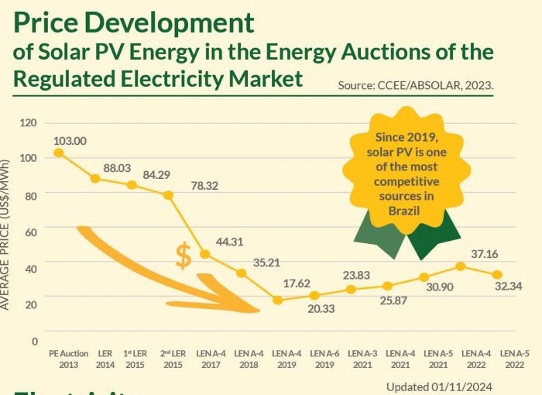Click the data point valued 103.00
tap(58, 153)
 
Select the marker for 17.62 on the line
tap(278, 300)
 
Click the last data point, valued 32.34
tap(497, 275)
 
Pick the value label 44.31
tap(230, 242)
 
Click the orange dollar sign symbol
tap(183, 255)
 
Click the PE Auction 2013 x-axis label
tap(68, 358)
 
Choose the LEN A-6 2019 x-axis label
tap(324, 358)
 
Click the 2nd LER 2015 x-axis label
tap(173, 358)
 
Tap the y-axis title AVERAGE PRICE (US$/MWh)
tap(6, 232)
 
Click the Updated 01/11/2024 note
tap(437, 386)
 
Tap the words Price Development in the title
tap(134, 22)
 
